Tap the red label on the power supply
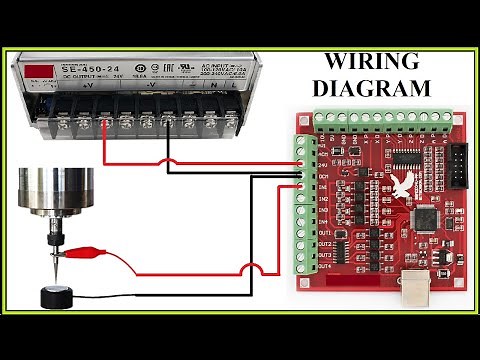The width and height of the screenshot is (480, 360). pos(41,72)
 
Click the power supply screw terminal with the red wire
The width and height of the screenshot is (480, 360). pos(106,125)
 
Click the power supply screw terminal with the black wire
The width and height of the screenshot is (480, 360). pos(166,125)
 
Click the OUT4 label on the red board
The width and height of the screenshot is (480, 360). pos(324,267)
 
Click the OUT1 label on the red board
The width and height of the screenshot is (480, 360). pos(324,231)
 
